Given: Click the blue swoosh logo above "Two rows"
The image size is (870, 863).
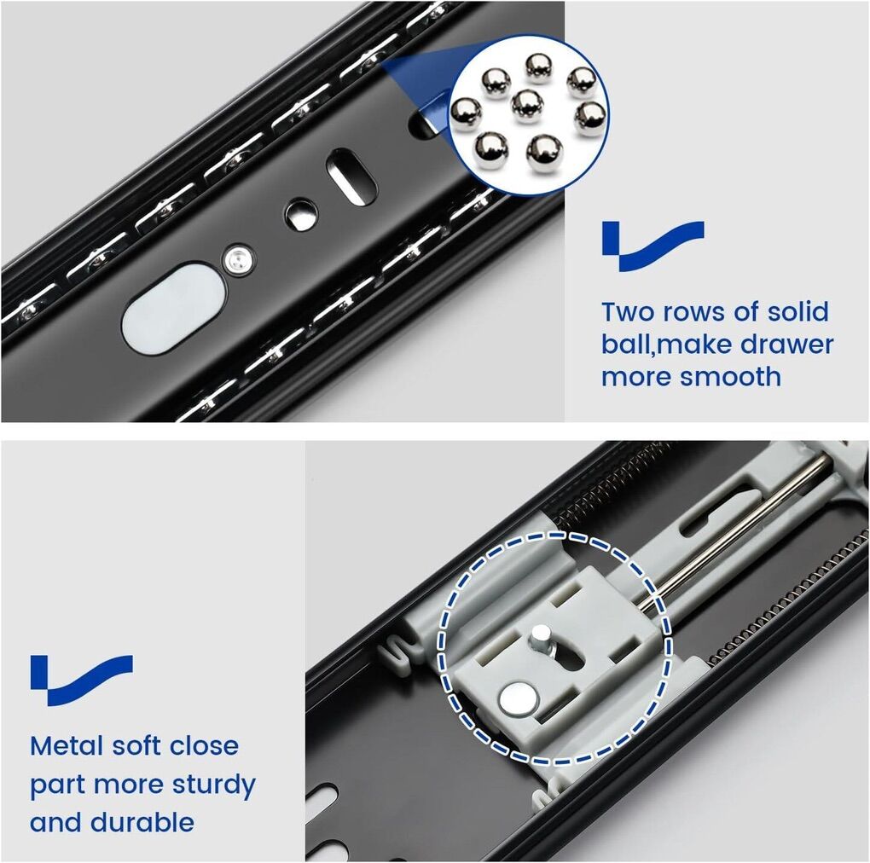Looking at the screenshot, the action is (653, 246).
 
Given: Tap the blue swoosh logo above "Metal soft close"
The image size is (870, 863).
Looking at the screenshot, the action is (82, 681).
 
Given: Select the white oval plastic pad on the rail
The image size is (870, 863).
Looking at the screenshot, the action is (174, 309).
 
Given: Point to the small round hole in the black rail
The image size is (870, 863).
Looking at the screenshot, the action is (301, 215).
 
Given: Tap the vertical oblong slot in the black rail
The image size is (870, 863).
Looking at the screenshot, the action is (351, 177).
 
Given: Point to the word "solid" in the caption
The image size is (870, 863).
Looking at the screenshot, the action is (797, 312).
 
